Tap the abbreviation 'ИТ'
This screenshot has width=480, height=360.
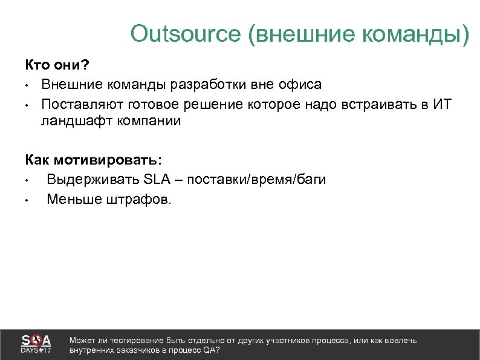click(442, 103)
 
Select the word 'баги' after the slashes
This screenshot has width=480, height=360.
click(311, 179)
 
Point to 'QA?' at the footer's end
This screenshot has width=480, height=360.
click(211, 350)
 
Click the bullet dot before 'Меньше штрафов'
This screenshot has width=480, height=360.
click(28, 198)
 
